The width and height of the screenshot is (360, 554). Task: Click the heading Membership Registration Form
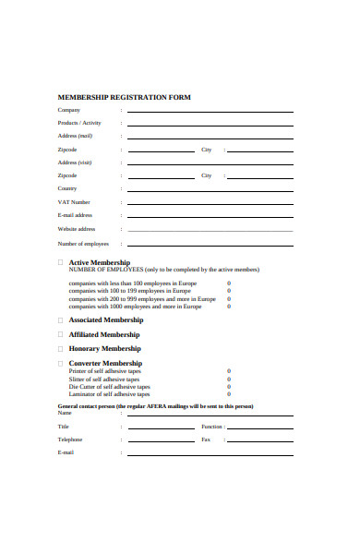124,97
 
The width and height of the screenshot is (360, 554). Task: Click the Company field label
69,110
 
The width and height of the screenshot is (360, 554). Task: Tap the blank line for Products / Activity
210,124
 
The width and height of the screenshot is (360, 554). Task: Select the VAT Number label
74,201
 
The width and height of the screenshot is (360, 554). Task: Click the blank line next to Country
210,189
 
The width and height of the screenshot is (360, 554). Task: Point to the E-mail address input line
210,216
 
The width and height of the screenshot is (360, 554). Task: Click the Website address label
77,228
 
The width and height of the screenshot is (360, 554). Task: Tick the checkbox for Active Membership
61,262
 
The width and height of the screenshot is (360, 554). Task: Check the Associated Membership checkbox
61,319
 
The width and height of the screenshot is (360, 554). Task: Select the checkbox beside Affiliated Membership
61,334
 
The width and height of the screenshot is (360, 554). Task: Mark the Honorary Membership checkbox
61,349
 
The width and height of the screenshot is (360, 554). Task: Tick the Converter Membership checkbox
61,364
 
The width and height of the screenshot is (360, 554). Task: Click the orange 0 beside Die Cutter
229,386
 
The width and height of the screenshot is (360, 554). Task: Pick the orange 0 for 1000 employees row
229,307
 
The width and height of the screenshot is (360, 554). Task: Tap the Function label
211,427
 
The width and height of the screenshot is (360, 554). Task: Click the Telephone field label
71,440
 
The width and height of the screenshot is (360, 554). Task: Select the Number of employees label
83,244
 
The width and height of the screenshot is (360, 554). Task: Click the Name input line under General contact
210,415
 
